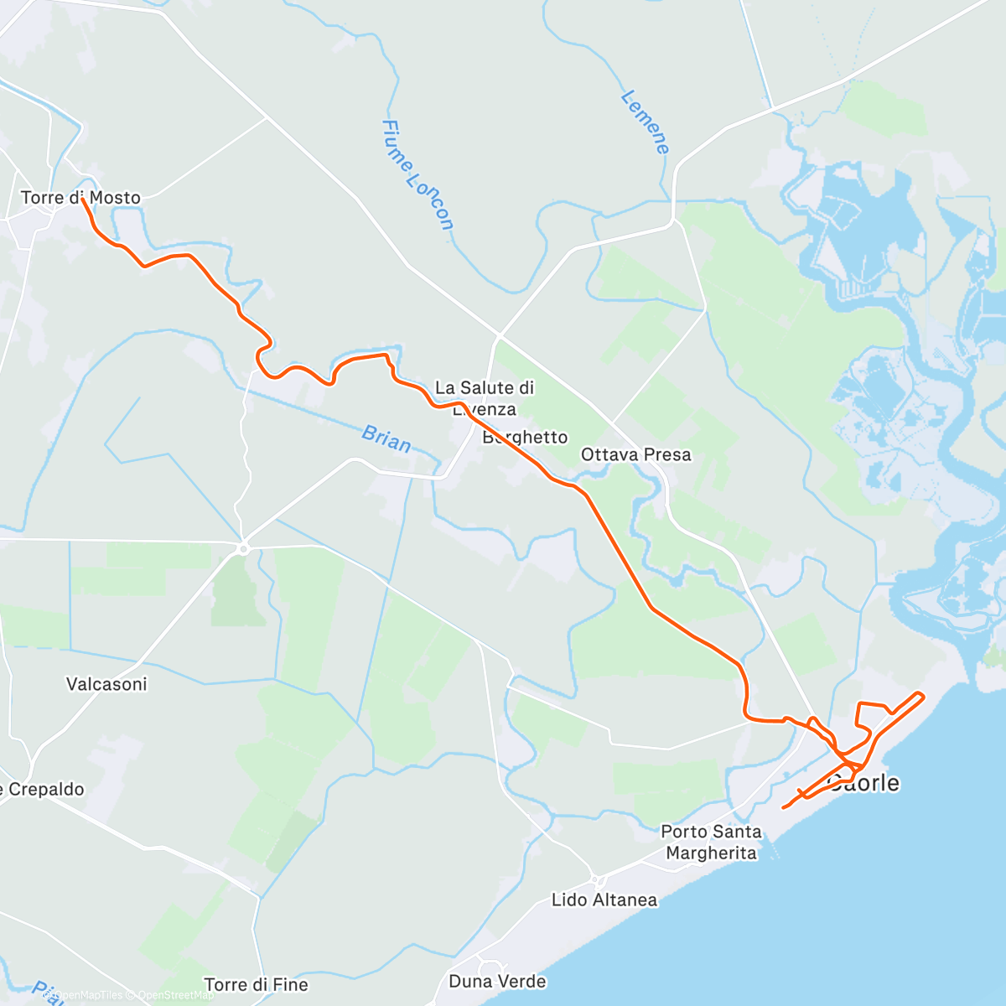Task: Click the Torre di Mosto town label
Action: pos(80,198)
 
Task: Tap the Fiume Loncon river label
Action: pos(417,174)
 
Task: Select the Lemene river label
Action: pos(645,122)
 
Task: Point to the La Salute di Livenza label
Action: pos(485,397)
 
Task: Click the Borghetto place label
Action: pos(525,437)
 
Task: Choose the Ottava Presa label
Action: pos(636,454)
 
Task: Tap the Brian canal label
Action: pos(386,438)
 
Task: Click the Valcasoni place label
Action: pos(106,684)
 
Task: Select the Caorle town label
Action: pos(863,783)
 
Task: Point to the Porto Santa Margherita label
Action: pos(711,842)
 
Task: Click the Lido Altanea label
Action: pos(604,900)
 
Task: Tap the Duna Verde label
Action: pos(497,981)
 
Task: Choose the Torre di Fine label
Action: pos(256,984)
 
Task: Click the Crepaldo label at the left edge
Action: pos(42,789)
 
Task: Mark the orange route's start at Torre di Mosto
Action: pos(83,200)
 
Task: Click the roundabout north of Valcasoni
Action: pos(243,548)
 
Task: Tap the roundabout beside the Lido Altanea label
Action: pos(597,879)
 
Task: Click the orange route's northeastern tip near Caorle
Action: pos(922,694)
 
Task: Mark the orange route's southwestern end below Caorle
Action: pos(783,807)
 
